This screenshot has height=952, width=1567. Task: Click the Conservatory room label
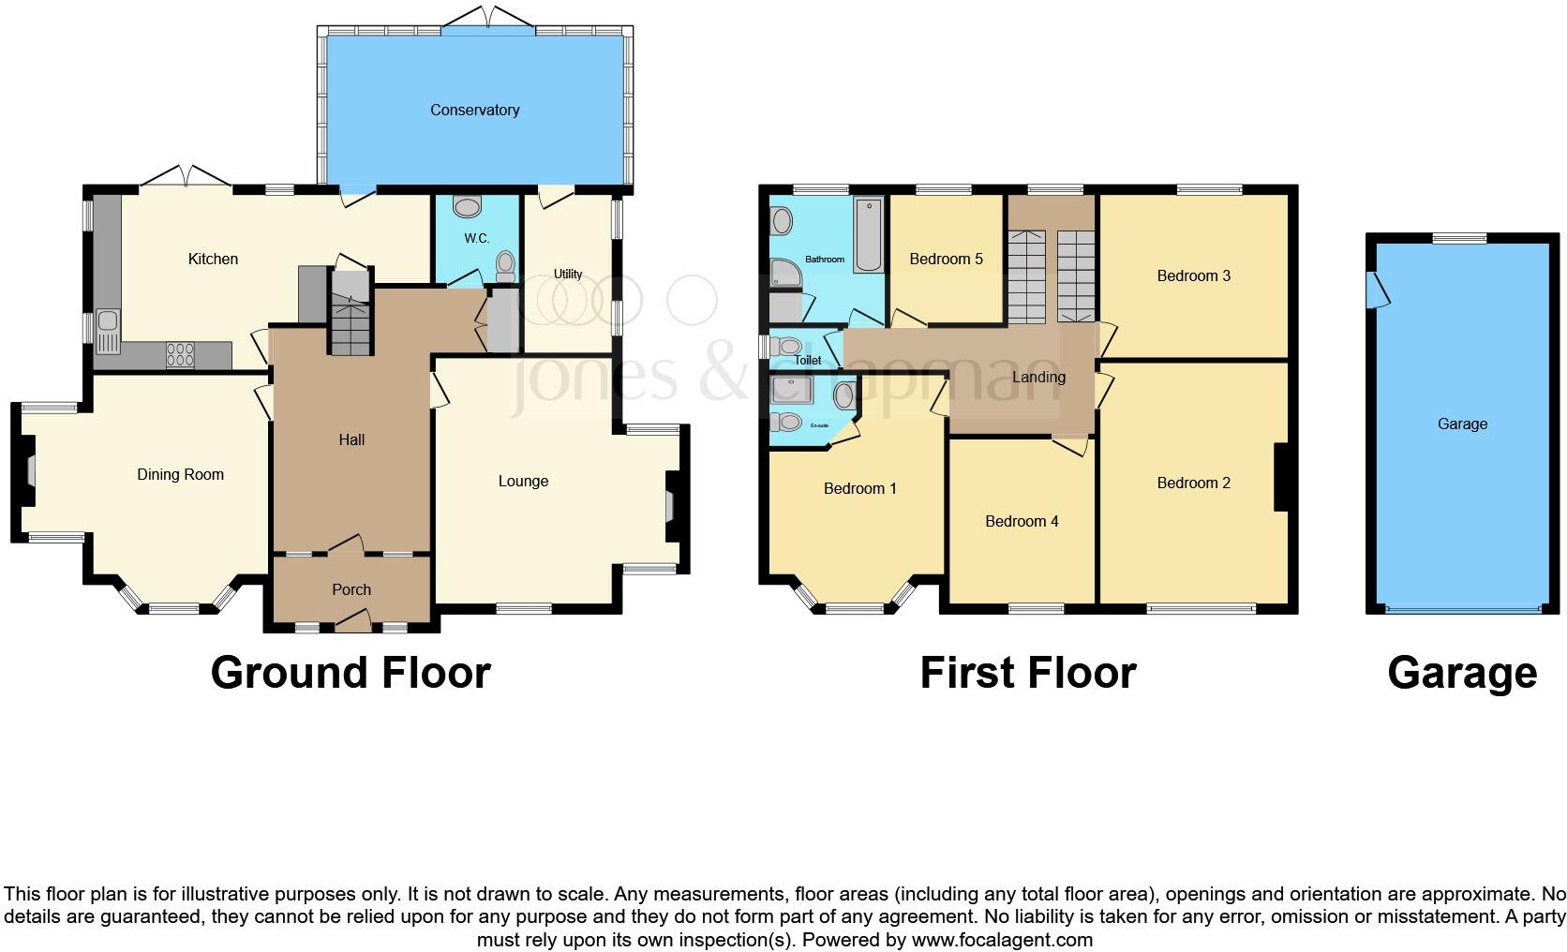click(x=474, y=110)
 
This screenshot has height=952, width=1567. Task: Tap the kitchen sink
click(x=106, y=333)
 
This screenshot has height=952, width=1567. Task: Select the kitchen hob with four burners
click(x=180, y=355)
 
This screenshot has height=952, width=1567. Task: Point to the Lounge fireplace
click(x=672, y=506)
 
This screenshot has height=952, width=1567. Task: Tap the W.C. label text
click(x=476, y=239)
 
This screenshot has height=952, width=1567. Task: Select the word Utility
click(x=568, y=274)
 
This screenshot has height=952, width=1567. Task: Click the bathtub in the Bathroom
click(x=869, y=235)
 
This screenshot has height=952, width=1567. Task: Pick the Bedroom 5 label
click(x=946, y=259)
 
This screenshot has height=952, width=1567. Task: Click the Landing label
click(x=1038, y=377)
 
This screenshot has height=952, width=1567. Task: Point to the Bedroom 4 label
click(x=1022, y=521)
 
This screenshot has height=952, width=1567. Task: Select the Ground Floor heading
click(x=350, y=673)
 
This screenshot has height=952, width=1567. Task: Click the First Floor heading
click(x=1027, y=673)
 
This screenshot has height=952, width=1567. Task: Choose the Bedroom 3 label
click(x=1193, y=275)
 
